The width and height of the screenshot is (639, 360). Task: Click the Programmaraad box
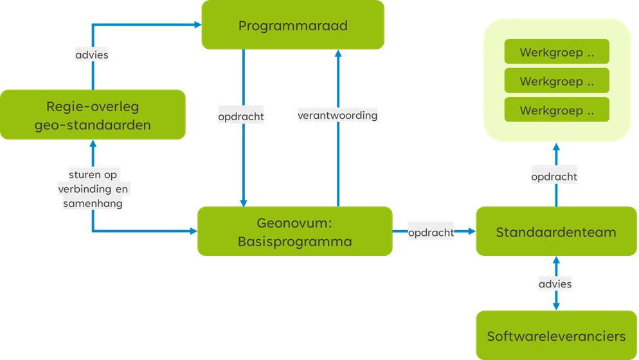[x=292, y=25]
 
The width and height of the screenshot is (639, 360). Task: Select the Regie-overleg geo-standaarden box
[x=93, y=115]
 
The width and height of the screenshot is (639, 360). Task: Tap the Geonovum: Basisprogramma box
[x=294, y=231]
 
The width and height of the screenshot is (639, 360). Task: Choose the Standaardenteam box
[x=555, y=231]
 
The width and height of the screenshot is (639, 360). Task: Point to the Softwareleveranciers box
[x=555, y=336]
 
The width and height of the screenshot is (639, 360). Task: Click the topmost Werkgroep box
[x=556, y=53]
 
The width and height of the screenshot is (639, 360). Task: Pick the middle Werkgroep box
[x=556, y=82]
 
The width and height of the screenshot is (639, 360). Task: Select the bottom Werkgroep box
[x=556, y=111]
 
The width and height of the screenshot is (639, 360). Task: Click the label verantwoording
[x=337, y=116]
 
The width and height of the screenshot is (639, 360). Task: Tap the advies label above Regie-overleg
[x=92, y=55]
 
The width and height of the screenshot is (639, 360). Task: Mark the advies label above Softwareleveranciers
[x=555, y=283]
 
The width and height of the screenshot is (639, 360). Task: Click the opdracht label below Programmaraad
[x=241, y=117]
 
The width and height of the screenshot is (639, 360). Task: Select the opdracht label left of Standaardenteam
[x=431, y=232]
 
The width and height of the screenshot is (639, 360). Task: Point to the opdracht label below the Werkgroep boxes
[x=554, y=176]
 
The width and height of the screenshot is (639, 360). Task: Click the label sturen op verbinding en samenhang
[x=93, y=188]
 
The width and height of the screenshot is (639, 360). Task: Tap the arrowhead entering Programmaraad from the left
[x=197, y=24]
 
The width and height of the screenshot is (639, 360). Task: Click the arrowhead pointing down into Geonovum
[x=244, y=203]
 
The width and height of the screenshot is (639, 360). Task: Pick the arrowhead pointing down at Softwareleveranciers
[x=556, y=306]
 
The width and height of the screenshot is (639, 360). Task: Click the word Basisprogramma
[x=294, y=242]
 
